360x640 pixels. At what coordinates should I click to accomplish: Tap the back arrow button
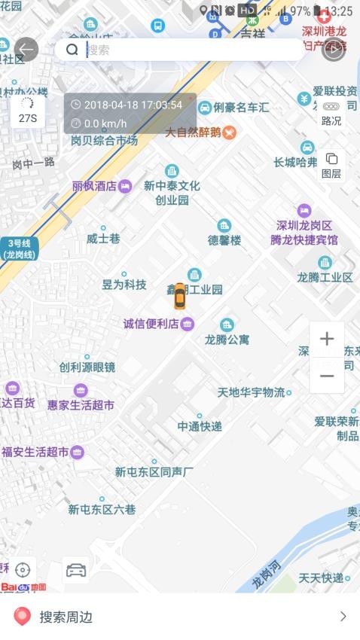click(26, 50)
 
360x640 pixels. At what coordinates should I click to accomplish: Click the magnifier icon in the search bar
click(72, 50)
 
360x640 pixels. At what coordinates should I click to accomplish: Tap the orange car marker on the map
click(179, 297)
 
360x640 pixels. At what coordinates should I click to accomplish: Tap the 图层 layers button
click(331, 165)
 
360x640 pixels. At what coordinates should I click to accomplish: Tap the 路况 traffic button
click(331, 113)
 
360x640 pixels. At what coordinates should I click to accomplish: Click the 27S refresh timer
click(28, 111)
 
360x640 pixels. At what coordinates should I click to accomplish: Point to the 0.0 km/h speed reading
click(105, 123)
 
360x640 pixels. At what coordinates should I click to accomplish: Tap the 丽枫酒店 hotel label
click(95, 186)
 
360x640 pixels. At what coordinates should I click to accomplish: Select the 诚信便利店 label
click(151, 324)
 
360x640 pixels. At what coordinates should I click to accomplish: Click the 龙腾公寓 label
click(227, 340)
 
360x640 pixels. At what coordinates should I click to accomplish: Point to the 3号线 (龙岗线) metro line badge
click(20, 248)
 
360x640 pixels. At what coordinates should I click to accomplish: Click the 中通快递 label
click(200, 426)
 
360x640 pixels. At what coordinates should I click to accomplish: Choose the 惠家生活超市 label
click(81, 404)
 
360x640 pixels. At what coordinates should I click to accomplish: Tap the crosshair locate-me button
click(23, 570)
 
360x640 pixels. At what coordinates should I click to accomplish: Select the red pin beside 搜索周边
click(23, 617)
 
